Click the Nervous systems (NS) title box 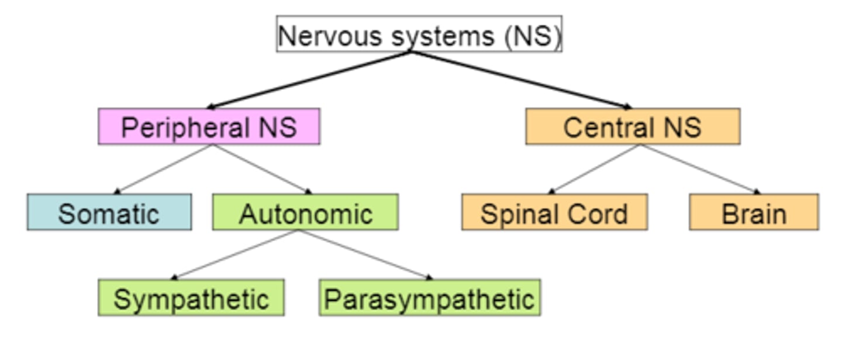pos(419,34)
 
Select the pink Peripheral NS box pos(209,126)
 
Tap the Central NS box pos(633,126)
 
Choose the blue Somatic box pos(109,212)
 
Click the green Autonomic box pos(305,212)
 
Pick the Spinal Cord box pos(554,212)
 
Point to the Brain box pos(754,212)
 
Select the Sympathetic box pos(191,298)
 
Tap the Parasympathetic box pos(429,298)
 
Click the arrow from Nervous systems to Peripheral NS pos(310,79)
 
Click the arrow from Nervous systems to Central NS pos(520,79)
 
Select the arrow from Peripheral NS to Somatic pos(164,169)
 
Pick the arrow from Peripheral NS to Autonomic pos(260,169)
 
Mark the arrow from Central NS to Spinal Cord pos(595,169)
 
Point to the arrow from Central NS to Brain pos(699,169)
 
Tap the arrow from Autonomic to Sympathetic pos(237,254)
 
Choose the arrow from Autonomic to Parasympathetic pos(365,254)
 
